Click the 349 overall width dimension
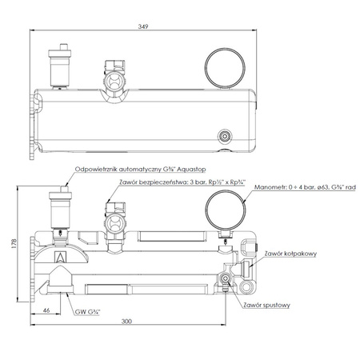[x=143, y=26]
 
